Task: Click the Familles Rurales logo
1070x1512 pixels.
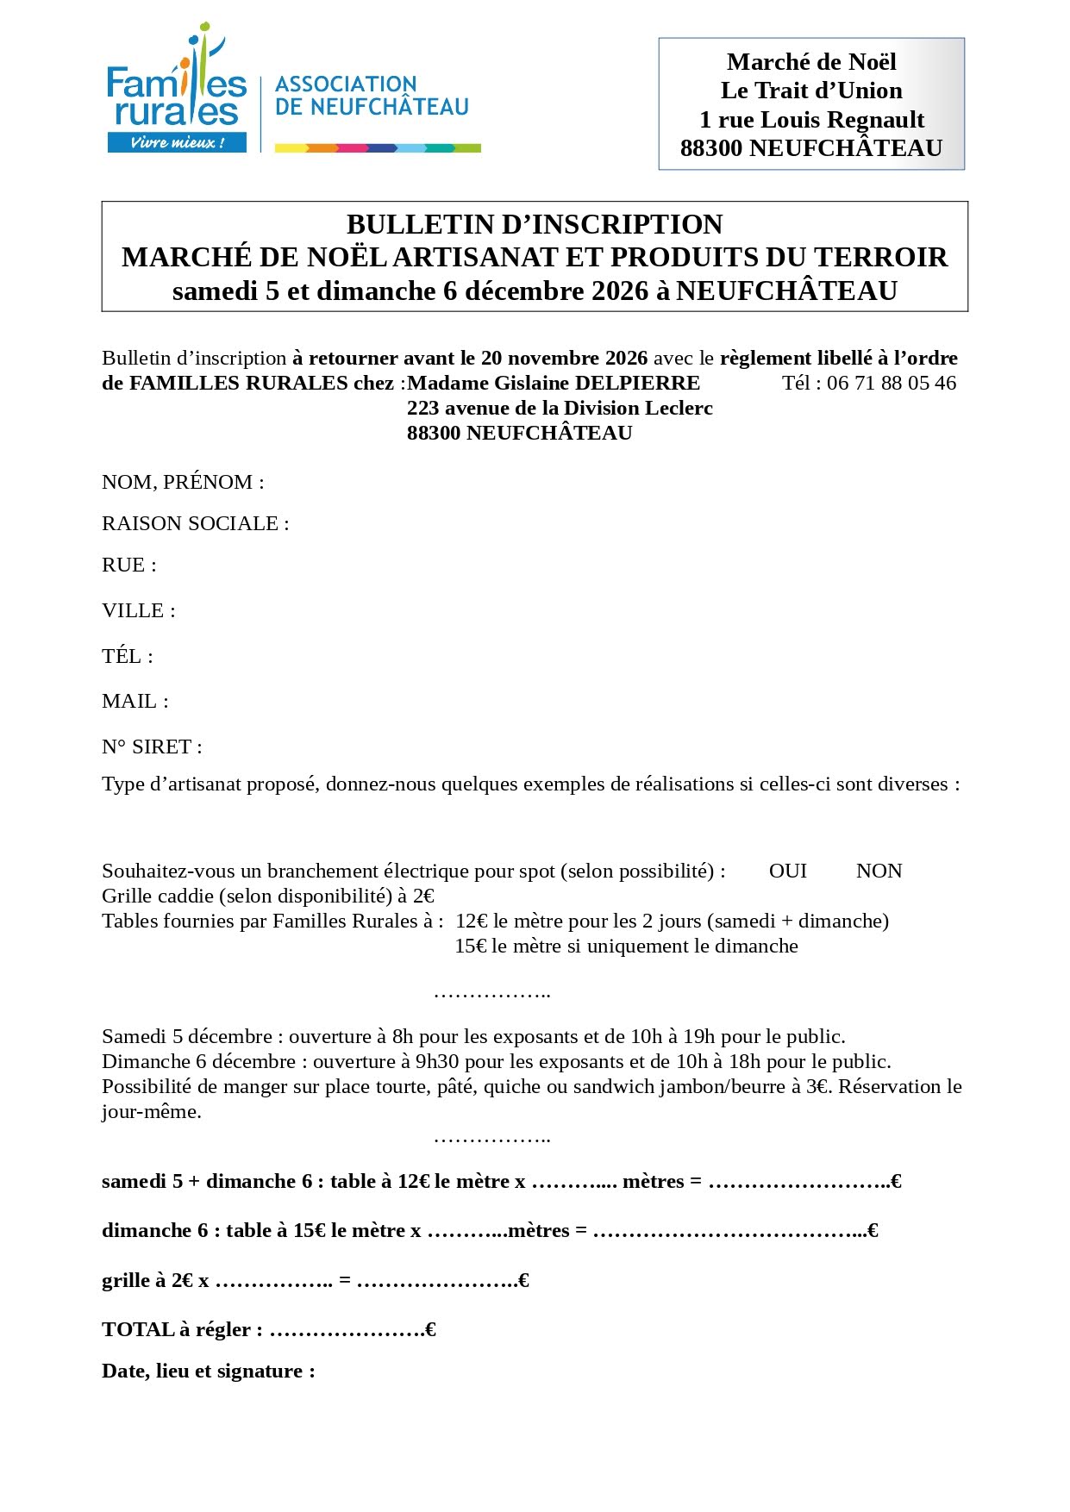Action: point(177,91)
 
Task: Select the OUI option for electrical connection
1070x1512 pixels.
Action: point(787,871)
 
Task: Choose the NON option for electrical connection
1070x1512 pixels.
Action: point(879,871)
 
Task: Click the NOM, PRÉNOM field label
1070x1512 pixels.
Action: point(183,482)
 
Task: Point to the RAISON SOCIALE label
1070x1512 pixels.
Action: point(195,523)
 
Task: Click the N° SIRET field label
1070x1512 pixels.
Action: point(152,747)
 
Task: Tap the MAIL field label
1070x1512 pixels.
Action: point(135,701)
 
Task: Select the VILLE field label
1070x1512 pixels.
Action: point(139,610)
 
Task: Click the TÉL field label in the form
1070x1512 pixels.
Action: point(128,656)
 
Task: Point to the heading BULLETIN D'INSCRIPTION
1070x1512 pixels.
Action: point(535,224)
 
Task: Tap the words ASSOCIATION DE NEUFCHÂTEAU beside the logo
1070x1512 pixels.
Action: point(371,96)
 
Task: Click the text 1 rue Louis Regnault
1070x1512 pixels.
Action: point(811,119)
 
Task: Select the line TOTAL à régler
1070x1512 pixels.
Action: point(268,1329)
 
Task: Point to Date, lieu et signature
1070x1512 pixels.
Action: point(208,1371)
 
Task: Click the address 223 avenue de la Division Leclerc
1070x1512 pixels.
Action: point(560,408)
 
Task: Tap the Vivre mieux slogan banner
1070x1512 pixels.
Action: point(177,142)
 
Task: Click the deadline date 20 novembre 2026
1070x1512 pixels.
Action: point(565,358)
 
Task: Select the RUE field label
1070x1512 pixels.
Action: point(129,565)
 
